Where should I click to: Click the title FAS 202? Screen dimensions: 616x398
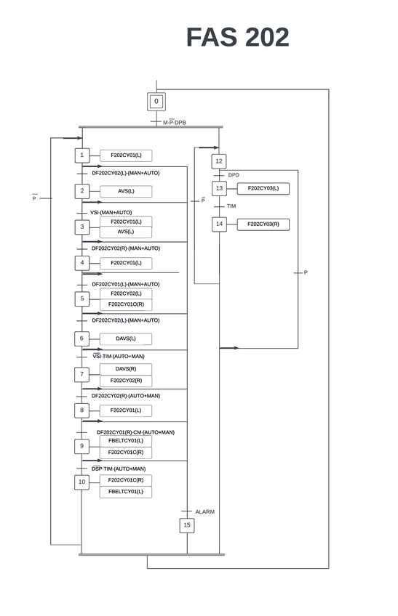click(x=237, y=37)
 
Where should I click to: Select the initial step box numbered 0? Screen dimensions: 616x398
click(x=156, y=102)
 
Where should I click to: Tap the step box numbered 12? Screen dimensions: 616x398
click(x=219, y=161)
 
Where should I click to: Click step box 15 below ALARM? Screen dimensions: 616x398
click(x=187, y=525)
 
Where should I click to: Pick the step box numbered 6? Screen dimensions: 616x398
click(x=82, y=339)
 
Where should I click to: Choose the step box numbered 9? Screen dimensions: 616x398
click(x=82, y=446)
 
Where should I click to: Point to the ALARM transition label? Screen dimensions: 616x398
click(x=204, y=512)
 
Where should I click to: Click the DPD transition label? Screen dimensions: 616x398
click(x=234, y=175)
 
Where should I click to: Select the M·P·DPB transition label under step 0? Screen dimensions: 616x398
click(x=174, y=123)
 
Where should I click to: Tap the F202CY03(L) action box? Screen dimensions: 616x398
click(x=263, y=188)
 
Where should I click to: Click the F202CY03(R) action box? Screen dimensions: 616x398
click(x=263, y=224)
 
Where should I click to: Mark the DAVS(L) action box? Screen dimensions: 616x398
click(x=126, y=339)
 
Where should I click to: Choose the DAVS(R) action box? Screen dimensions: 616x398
click(x=126, y=369)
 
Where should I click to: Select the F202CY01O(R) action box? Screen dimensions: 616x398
click(x=126, y=304)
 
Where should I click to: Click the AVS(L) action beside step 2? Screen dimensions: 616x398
click(x=126, y=191)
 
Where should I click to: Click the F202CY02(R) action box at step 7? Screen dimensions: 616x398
click(x=126, y=381)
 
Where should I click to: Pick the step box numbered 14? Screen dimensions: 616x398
click(x=219, y=224)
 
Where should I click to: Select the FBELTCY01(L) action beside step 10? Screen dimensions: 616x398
click(x=126, y=492)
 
